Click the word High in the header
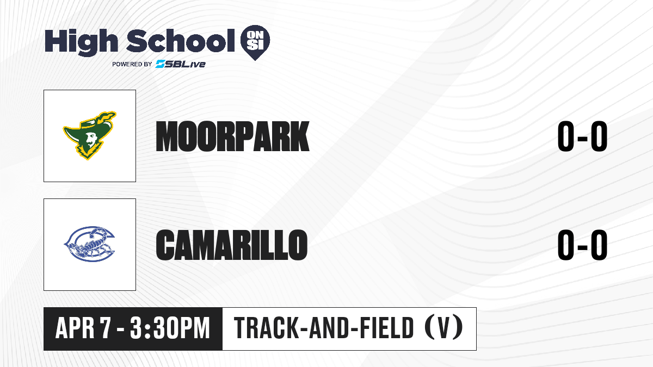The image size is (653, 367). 81,42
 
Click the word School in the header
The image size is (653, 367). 181,41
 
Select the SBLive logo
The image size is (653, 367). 180,64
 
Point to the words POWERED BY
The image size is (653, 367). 132,64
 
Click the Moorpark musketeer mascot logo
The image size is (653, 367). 90,135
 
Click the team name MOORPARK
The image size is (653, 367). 232,136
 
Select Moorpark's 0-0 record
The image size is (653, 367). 582,136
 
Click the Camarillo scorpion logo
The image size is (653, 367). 89,244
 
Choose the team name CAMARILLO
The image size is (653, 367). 231,245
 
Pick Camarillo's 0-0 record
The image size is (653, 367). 582,245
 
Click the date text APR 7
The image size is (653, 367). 83,328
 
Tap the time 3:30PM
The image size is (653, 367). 170,328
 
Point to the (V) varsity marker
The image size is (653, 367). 443,328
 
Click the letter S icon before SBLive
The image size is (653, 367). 161,64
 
